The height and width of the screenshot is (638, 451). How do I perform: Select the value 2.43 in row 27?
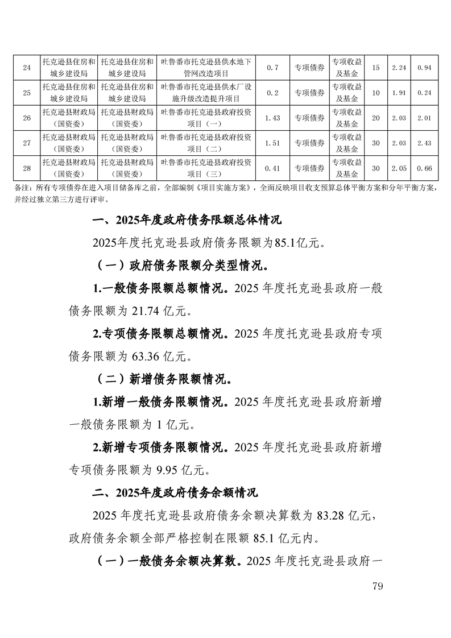click(424, 143)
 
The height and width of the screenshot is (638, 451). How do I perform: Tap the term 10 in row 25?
click(375, 93)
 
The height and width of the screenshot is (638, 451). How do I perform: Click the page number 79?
click(377, 587)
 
